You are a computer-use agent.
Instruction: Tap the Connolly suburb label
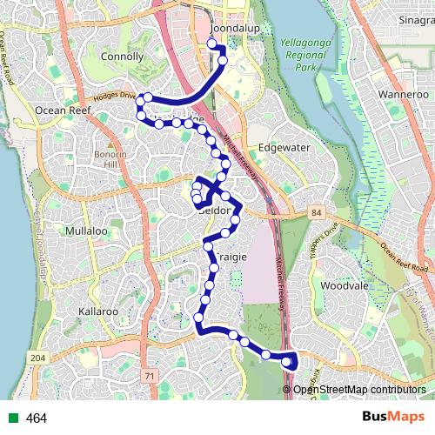(122, 57)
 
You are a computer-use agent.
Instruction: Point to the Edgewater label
(284, 147)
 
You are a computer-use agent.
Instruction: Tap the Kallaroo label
(97, 311)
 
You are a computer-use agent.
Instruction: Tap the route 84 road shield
(313, 211)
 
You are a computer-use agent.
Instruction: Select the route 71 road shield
(149, 375)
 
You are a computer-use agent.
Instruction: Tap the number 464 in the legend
(37, 418)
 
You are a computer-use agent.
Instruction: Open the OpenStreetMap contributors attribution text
(358, 390)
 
